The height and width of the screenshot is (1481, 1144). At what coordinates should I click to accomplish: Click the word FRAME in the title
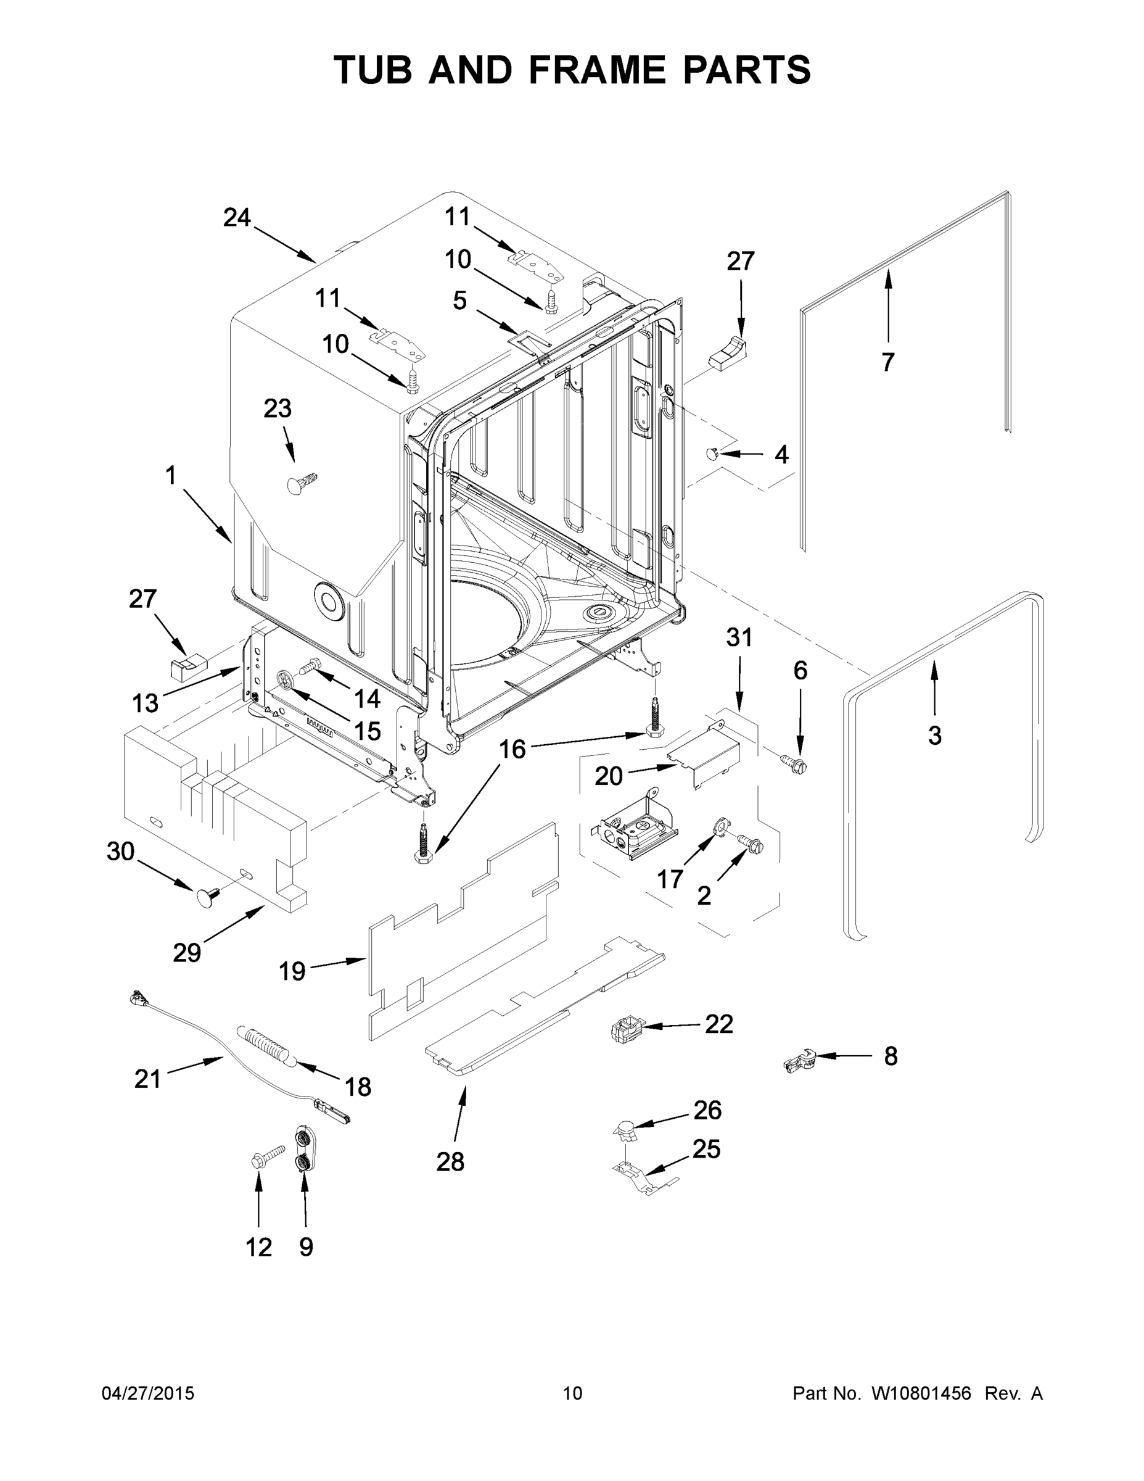[597, 70]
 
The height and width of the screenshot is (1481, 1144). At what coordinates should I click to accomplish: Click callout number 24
[237, 218]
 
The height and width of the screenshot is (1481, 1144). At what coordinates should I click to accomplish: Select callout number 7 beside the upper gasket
[888, 362]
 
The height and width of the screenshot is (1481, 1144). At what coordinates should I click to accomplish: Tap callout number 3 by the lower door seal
[934, 735]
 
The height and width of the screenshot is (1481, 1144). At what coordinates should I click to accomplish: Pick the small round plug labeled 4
[712, 453]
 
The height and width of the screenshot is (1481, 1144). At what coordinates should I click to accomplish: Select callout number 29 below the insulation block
[187, 953]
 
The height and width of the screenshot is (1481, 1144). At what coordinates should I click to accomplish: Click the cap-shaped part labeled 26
[625, 1127]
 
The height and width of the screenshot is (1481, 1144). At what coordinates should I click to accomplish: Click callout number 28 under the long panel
[450, 1161]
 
